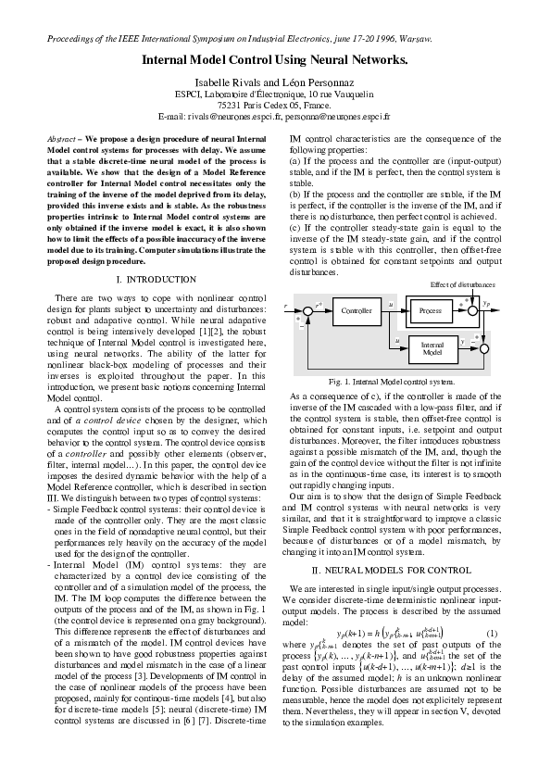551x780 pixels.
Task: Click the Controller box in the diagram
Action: click(x=357, y=311)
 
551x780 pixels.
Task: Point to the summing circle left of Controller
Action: click(x=307, y=312)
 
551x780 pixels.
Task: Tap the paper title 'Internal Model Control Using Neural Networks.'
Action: click(x=274, y=59)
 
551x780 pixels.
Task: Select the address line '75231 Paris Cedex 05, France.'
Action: click(x=274, y=107)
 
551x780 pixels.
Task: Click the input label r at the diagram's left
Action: click(x=285, y=305)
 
